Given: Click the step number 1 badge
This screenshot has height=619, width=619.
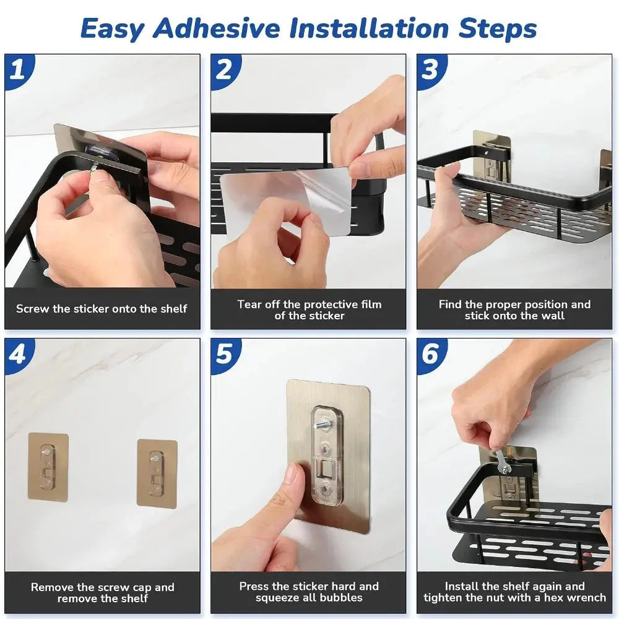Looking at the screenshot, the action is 18,69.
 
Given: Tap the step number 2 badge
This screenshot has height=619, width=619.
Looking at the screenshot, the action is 224,69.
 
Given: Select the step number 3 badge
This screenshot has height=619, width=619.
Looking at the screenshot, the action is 430,69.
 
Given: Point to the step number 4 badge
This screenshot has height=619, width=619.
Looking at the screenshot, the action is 18,353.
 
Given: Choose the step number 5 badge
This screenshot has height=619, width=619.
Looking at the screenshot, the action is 224,353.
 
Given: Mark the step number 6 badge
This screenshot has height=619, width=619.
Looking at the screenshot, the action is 430,353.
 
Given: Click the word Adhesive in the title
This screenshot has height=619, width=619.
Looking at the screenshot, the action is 217,28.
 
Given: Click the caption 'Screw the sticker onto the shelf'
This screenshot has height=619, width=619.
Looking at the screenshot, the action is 102,309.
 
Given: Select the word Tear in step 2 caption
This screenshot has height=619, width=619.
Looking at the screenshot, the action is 249,305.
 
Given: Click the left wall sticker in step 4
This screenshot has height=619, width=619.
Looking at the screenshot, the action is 48,467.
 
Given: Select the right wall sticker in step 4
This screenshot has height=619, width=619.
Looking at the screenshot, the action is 157,473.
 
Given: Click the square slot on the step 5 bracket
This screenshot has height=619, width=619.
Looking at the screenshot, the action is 326,469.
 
